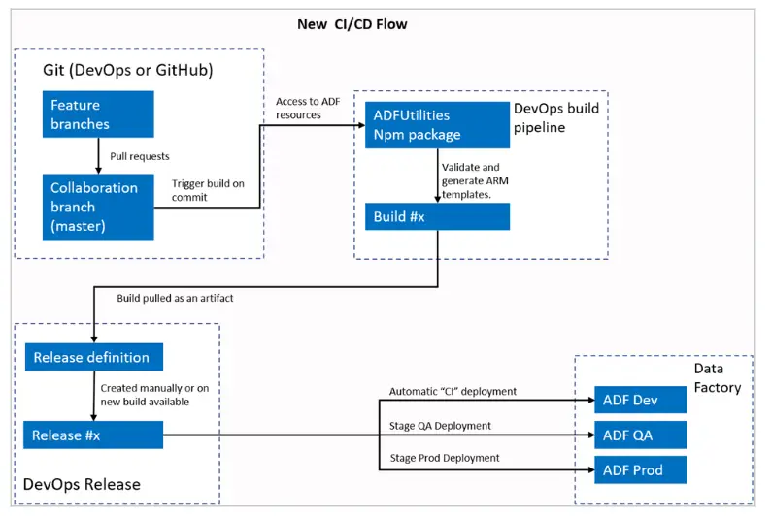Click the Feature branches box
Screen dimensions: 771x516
click(x=98, y=113)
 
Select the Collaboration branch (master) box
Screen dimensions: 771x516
click(x=98, y=207)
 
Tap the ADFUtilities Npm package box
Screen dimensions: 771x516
click(x=437, y=125)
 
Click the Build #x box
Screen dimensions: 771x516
click(x=437, y=216)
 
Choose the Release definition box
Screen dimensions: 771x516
click(x=94, y=357)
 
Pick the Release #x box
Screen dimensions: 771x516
click(x=93, y=435)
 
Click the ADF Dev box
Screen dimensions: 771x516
click(x=640, y=400)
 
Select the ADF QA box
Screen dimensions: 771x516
click(x=640, y=435)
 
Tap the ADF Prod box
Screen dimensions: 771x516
click(x=640, y=469)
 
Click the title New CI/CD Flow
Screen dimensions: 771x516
click(x=352, y=24)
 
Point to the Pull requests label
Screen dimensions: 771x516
click(x=140, y=156)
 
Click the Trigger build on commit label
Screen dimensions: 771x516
click(x=208, y=190)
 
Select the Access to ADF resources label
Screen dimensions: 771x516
click(x=308, y=108)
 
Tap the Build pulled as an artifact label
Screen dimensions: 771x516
click(x=175, y=298)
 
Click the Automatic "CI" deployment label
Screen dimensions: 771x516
click(x=453, y=391)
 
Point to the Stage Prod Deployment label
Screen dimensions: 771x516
click(x=445, y=458)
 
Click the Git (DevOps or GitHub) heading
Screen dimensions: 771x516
click(x=128, y=70)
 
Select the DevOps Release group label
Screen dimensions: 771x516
click(x=82, y=485)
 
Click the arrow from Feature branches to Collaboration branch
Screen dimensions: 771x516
click(x=98, y=155)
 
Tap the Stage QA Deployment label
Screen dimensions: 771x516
click(x=440, y=426)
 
